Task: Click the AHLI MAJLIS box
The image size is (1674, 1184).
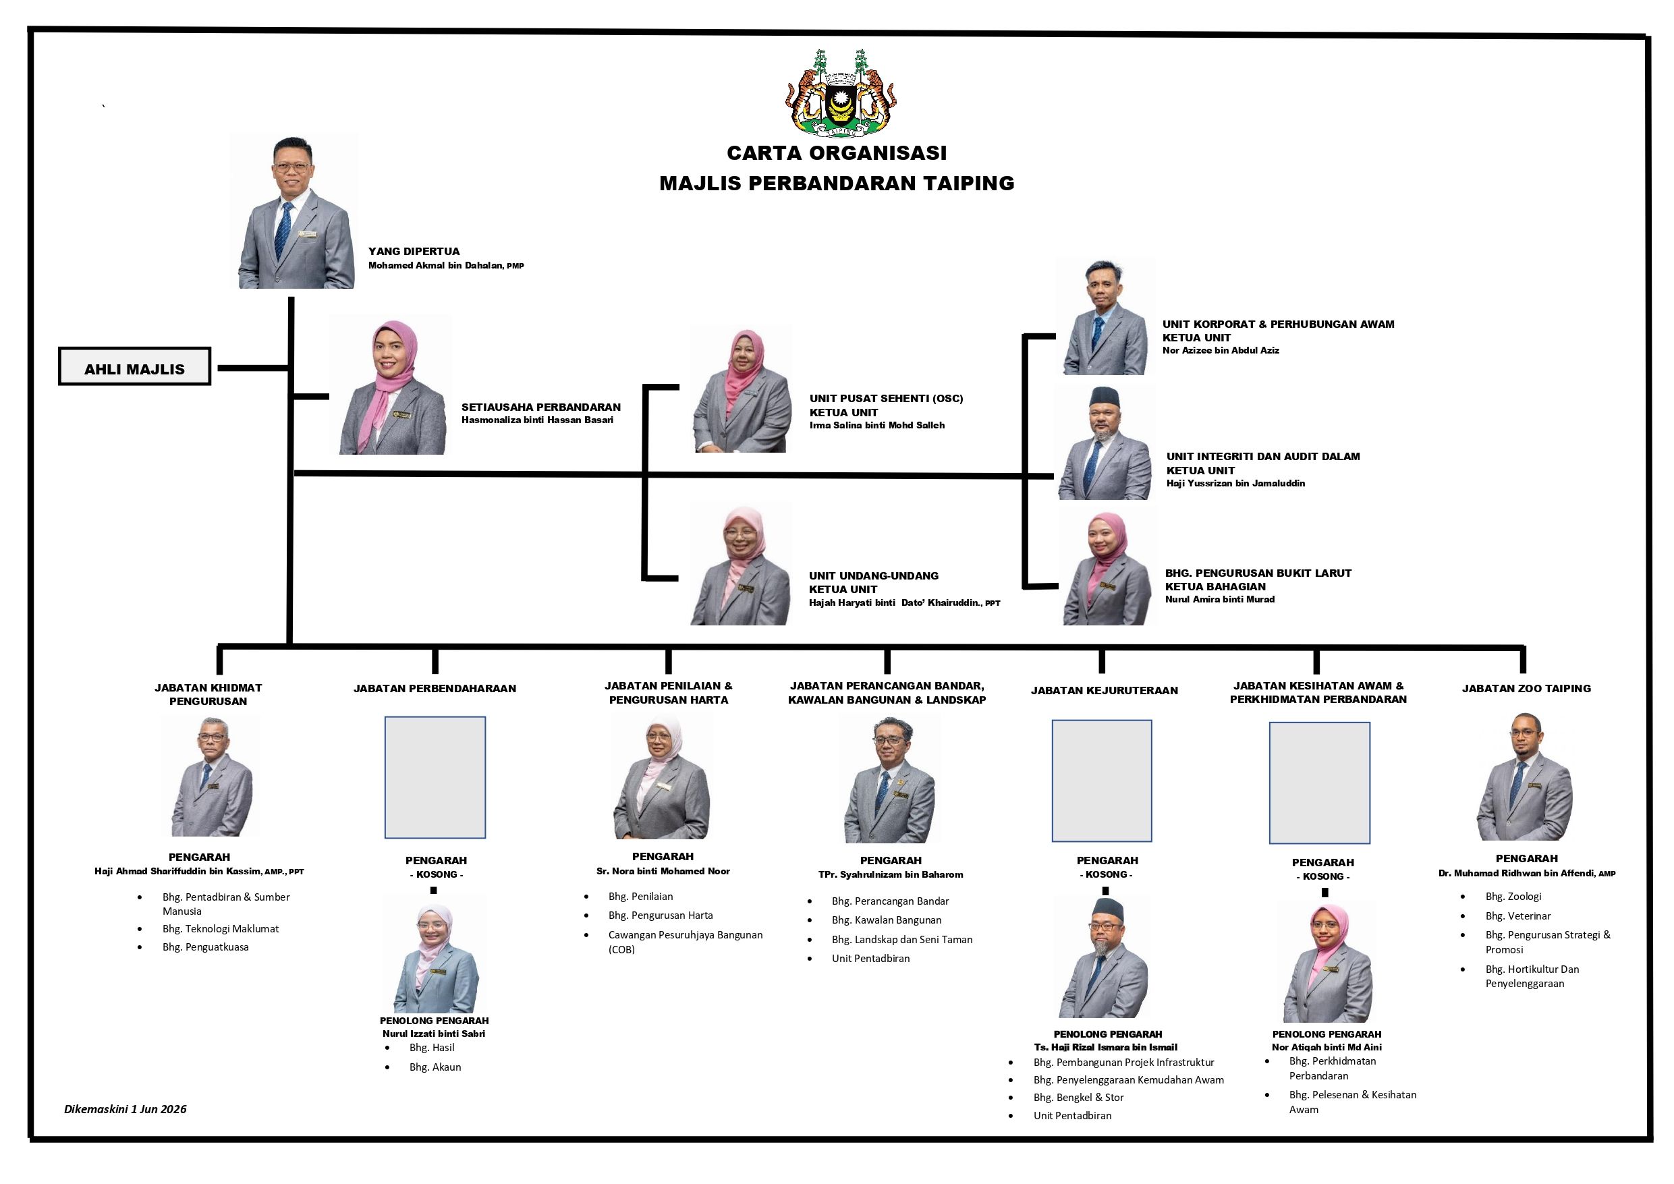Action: (x=135, y=366)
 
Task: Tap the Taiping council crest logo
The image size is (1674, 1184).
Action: (x=841, y=93)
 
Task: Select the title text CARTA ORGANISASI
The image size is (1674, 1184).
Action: (x=837, y=153)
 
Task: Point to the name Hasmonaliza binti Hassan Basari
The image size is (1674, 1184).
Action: (x=537, y=420)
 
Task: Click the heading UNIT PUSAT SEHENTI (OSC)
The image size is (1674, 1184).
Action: (x=886, y=399)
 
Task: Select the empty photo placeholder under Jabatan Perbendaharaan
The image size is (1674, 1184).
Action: (x=435, y=777)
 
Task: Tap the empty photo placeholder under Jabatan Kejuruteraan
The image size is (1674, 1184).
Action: (x=1102, y=781)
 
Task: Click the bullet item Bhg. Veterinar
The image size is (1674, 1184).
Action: (x=1518, y=915)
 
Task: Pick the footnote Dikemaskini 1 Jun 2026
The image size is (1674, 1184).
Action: (x=125, y=1109)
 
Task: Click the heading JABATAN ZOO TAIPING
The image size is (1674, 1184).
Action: (x=1526, y=688)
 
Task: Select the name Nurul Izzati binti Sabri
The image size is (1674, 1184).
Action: (x=434, y=1033)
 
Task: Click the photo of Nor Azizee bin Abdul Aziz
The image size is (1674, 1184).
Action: (x=1105, y=317)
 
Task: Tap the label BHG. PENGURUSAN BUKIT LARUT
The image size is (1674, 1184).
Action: (x=1258, y=573)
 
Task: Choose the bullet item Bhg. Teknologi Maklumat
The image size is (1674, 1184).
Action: (x=220, y=929)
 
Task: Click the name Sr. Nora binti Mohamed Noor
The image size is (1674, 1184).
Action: (x=663, y=871)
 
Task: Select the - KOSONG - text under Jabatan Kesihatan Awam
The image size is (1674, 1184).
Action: (x=1322, y=876)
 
